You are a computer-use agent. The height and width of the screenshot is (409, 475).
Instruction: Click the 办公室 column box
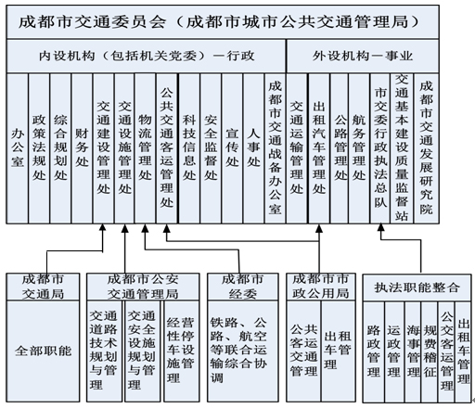pyautogui.click(x=18, y=148)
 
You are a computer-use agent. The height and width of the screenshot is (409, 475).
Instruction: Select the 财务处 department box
pyautogui.click(x=82, y=148)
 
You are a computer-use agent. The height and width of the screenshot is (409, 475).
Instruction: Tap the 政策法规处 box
pyautogui.click(x=39, y=148)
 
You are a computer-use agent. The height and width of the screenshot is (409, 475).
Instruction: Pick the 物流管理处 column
pyautogui.click(x=145, y=148)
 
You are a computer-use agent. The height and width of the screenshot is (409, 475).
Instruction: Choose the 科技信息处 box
pyautogui.click(x=189, y=148)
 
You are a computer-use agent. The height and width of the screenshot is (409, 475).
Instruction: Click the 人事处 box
pyautogui.click(x=253, y=148)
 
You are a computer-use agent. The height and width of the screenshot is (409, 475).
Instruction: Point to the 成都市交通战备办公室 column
pyautogui.click(x=276, y=148)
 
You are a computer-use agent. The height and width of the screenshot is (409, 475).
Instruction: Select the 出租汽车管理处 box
pyautogui.click(x=319, y=148)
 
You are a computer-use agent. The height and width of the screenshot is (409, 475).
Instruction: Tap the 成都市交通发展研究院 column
pyautogui.click(x=426, y=148)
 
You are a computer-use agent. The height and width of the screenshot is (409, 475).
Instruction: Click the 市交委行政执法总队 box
pyautogui.click(x=380, y=148)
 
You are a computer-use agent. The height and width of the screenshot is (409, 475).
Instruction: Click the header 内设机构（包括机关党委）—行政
pyautogui.click(x=147, y=56)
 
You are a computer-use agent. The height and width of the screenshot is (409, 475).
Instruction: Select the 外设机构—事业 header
pyautogui.click(x=363, y=56)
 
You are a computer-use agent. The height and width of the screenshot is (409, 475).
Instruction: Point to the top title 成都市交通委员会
pyautogui.click(x=92, y=22)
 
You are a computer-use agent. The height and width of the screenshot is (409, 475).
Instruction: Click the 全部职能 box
pyautogui.click(x=43, y=351)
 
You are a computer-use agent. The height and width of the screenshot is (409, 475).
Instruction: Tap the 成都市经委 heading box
pyautogui.click(x=243, y=287)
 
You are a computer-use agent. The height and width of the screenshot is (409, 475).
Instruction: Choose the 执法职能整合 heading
pyautogui.click(x=417, y=288)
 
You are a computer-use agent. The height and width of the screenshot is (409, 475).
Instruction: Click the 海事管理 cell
pyautogui.click(x=413, y=351)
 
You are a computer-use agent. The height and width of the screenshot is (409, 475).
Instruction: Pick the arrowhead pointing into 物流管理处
pyautogui.click(x=145, y=228)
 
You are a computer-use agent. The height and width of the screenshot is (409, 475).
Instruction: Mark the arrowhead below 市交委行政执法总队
pyautogui.click(x=381, y=227)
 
